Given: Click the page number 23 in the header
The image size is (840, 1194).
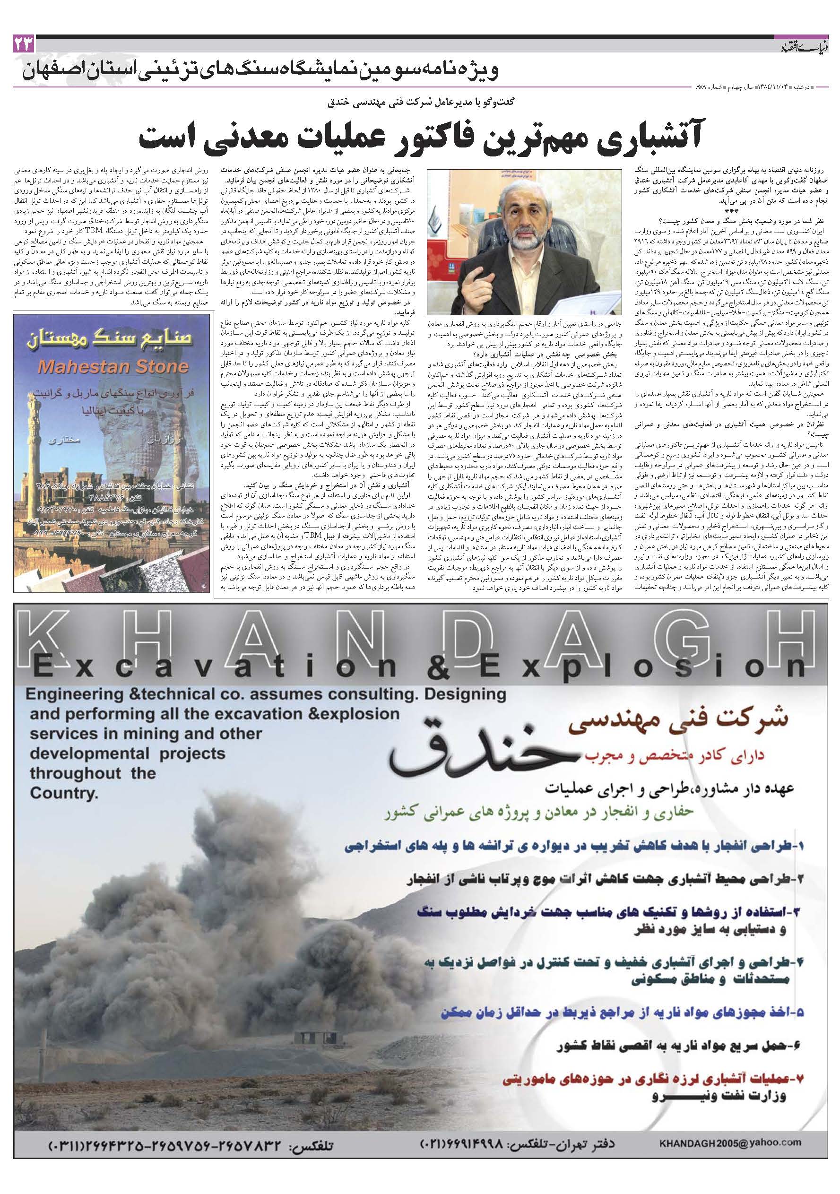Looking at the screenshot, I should (x=25, y=45).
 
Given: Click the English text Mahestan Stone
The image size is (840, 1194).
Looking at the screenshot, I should (x=113, y=367).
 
